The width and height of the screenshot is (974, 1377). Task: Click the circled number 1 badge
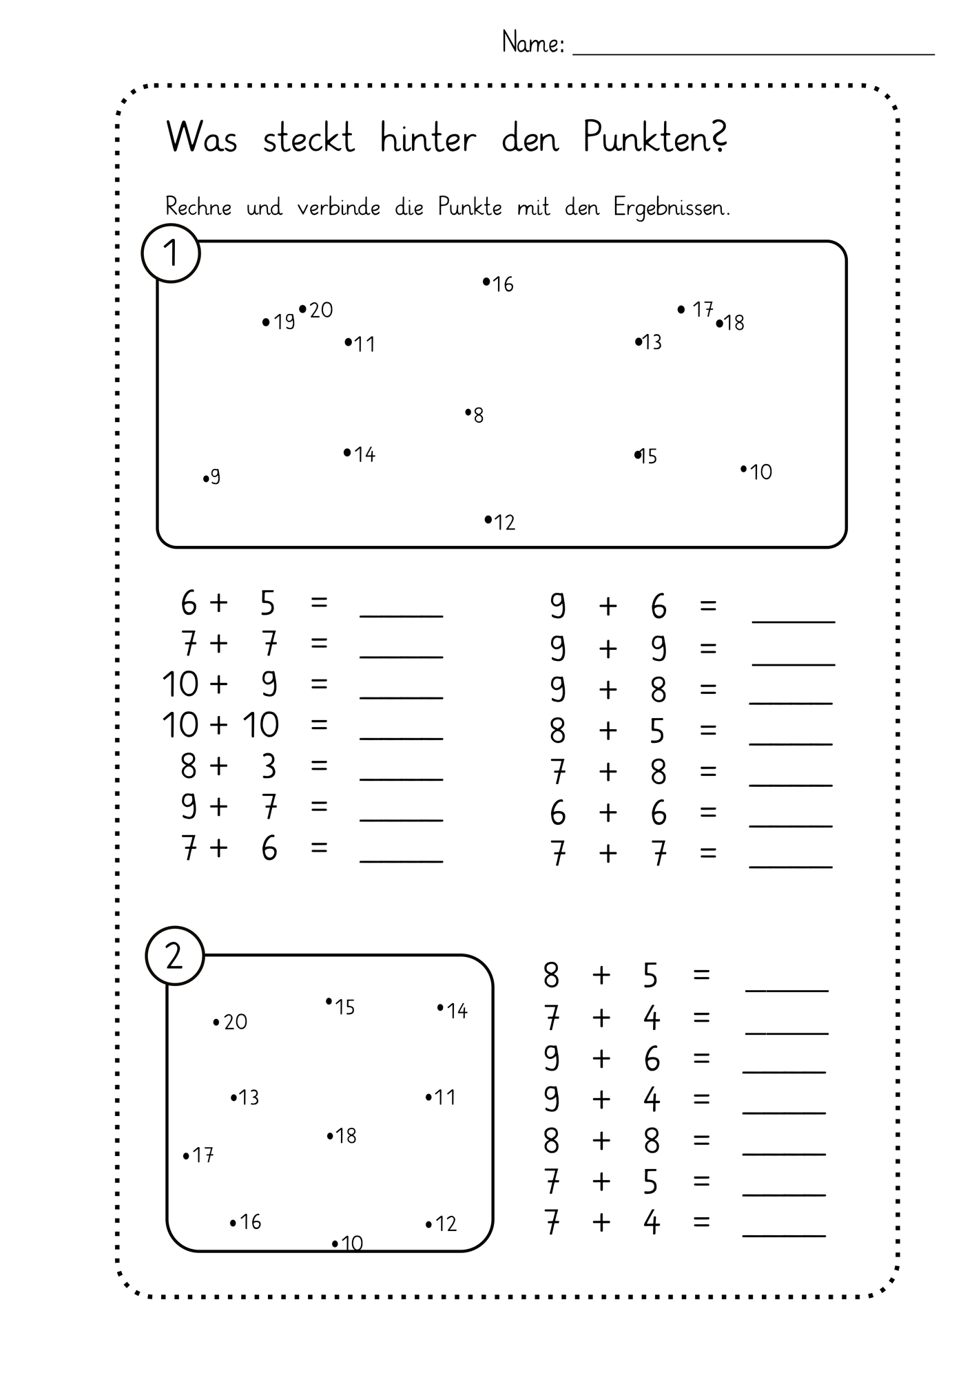pyautogui.click(x=171, y=253)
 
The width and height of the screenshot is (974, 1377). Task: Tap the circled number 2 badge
pyautogui.click(x=175, y=956)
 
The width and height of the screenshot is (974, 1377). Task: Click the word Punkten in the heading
pyautogui.click(x=655, y=137)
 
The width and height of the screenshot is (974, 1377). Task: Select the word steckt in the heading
pyautogui.click(x=309, y=138)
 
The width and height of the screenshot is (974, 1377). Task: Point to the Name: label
pyautogui.click(x=533, y=43)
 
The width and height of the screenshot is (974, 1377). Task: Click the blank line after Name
pyautogui.click(x=754, y=53)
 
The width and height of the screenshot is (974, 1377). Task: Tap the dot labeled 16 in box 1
pyautogui.click(x=486, y=281)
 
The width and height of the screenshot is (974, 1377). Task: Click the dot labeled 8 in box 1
pyautogui.click(x=468, y=412)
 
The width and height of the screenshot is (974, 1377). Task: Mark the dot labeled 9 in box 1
pyautogui.click(x=206, y=479)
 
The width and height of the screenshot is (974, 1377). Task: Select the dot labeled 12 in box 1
pyautogui.click(x=488, y=519)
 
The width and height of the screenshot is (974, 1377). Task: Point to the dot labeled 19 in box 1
pyautogui.click(x=267, y=322)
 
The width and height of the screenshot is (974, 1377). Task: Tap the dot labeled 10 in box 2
pyautogui.click(x=335, y=1243)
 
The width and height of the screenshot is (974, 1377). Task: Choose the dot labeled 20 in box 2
pyautogui.click(x=216, y=1022)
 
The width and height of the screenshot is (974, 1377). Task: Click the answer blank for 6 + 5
pyautogui.click(x=402, y=616)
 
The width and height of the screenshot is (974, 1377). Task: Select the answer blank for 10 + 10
pyautogui.click(x=402, y=738)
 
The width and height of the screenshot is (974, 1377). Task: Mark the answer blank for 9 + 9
pyautogui.click(x=794, y=664)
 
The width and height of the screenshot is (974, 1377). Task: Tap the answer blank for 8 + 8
pyautogui.click(x=785, y=1154)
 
